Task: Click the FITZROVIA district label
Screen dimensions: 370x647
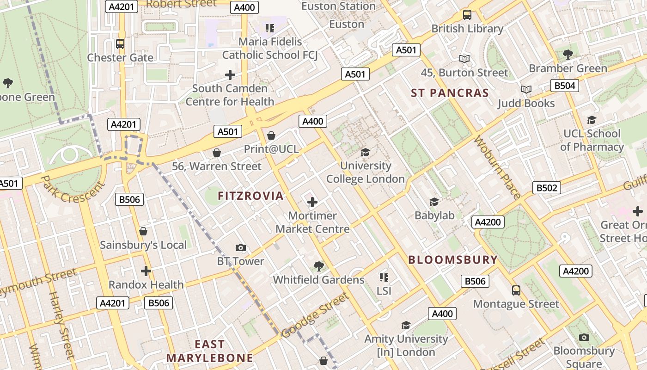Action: pos(250,196)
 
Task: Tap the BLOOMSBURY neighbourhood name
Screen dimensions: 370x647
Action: pos(453,260)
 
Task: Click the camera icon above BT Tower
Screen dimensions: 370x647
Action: pos(240,248)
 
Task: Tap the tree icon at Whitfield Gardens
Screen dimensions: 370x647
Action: pos(318,266)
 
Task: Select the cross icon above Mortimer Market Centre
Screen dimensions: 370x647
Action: pos(312,202)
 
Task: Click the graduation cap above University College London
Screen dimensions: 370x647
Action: pos(365,152)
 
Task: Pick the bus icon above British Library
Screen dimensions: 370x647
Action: pos(467,15)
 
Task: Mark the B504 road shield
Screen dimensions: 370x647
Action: pos(564,86)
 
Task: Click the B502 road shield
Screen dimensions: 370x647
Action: pos(547,188)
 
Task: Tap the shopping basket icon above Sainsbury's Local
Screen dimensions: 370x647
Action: pos(143,231)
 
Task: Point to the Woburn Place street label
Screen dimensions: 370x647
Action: pos(497,167)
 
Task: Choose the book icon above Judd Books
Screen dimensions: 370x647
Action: pos(526,89)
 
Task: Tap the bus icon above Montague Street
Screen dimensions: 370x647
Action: pos(516,290)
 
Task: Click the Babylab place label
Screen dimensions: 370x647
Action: pos(434,215)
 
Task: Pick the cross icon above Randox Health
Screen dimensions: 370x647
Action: pos(146,271)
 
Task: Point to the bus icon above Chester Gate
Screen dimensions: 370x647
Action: pos(120,44)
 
